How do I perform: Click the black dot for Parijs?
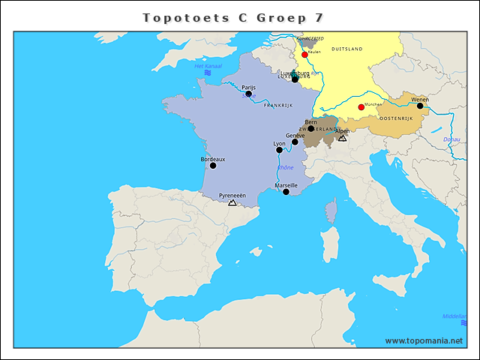(249, 94)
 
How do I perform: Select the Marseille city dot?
(286, 192)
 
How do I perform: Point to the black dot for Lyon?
(280, 150)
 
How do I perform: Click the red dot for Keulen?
(304, 55)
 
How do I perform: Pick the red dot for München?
(361, 107)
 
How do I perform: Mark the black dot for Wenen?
(420, 106)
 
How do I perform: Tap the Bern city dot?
(311, 128)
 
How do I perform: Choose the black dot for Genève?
(295, 142)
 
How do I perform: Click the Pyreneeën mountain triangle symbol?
(232, 202)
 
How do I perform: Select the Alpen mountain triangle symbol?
(342, 138)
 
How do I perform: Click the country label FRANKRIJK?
(277, 106)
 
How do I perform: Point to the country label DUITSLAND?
(346, 49)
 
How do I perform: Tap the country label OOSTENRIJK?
(397, 119)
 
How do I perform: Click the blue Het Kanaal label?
(209, 66)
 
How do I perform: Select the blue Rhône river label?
(286, 167)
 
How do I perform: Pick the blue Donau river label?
(452, 139)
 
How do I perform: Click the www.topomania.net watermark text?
(424, 340)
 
